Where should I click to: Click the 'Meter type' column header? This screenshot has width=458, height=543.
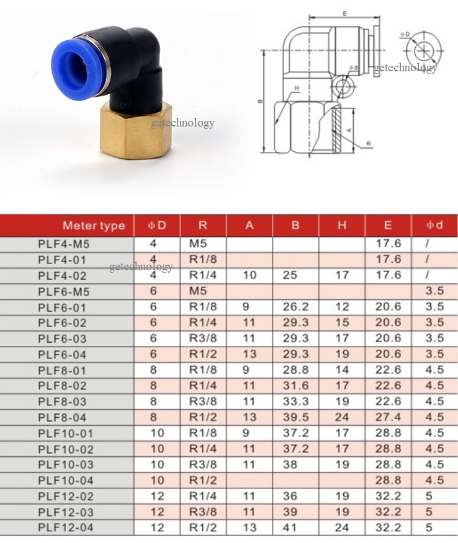coord(94,226)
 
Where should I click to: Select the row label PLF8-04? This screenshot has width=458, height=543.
coord(63,417)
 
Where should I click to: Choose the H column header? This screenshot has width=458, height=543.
coord(342,226)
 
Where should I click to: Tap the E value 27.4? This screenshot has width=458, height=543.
coord(388,417)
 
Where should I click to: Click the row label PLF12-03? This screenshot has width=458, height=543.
coord(66,512)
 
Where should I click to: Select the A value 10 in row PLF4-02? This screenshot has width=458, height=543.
coord(249,275)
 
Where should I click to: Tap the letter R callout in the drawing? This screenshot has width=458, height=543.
coord(369,144)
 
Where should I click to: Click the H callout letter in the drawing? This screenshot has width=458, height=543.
coord(297,89)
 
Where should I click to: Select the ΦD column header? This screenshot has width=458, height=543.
coord(157,226)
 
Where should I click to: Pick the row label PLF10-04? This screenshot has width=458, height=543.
coord(66,480)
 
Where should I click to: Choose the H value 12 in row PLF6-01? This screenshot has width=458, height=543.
coord(342,307)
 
